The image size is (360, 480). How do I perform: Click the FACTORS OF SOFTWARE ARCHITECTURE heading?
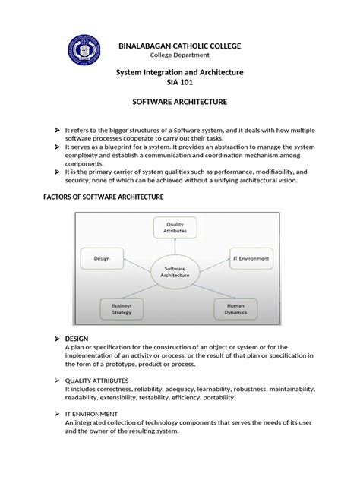[x=101, y=197]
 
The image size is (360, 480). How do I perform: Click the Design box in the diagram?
[x=103, y=258]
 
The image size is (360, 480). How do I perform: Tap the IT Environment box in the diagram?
[x=251, y=258]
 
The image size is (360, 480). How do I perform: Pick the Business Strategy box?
[x=122, y=308]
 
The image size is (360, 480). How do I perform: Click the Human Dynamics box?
[x=235, y=308]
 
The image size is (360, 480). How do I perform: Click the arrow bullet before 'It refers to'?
[x=56, y=131]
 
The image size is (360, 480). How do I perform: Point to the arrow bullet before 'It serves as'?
[x=56, y=149]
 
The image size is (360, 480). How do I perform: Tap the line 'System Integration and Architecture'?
[x=179, y=71]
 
